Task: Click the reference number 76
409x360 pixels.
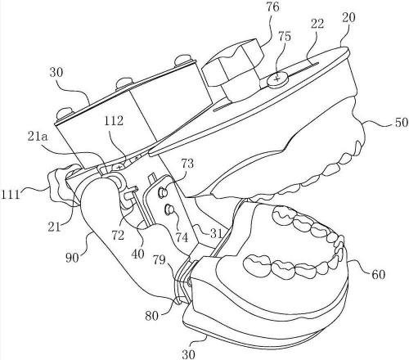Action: (272, 7)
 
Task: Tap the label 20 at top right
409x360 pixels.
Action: (348, 18)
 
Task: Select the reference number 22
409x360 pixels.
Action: (317, 24)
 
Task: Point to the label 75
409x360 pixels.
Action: (285, 37)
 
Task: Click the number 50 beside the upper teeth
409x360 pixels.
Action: (402, 123)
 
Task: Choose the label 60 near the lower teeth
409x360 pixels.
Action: (378, 274)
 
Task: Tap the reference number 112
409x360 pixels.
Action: (114, 120)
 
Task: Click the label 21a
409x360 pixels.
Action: (38, 137)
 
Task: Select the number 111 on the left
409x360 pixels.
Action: (11, 195)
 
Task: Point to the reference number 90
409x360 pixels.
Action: (72, 257)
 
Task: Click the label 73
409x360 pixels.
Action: (187, 163)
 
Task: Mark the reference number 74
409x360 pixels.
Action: (182, 237)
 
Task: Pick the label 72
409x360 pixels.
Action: (118, 235)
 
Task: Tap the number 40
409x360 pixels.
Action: (137, 254)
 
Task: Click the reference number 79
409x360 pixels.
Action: (159, 259)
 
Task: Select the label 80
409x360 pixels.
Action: (151, 316)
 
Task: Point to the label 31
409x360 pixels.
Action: (215, 233)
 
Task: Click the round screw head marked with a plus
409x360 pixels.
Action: (276, 79)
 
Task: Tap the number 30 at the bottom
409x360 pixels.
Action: (189, 354)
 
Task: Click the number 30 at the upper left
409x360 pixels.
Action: (56, 73)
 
